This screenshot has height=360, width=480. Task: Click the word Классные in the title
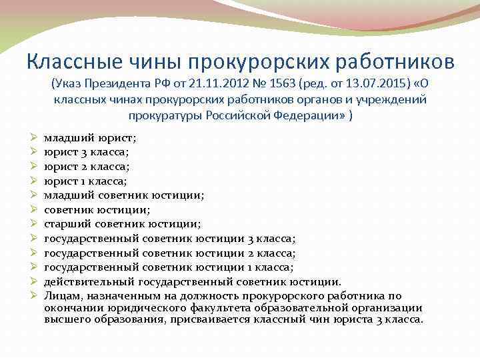tap(65, 62)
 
